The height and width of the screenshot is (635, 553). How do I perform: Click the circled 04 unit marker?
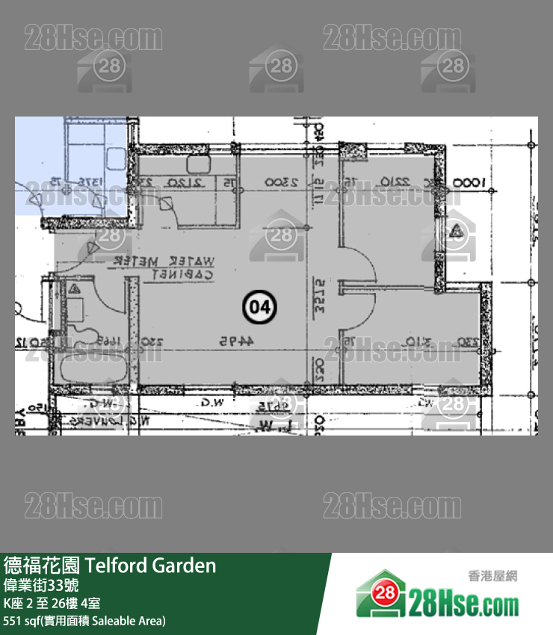pos(259,306)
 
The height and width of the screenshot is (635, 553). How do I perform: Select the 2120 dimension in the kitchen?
pos(185,182)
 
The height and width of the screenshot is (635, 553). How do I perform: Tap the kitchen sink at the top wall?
pos(200,166)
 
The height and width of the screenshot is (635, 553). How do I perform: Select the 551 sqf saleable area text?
pos(84,621)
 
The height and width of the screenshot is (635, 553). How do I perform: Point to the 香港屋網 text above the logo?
pos(492,576)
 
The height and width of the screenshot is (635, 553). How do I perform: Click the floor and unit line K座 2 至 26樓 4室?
pos(52,604)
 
